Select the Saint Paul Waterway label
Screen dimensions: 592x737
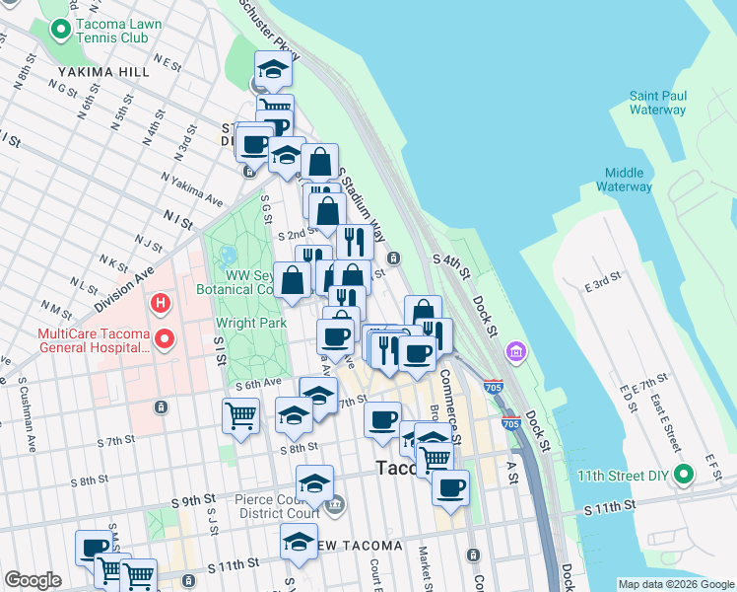click(657, 103)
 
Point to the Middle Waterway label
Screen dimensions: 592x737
click(624, 178)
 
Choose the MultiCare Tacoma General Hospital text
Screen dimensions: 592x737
click(94, 341)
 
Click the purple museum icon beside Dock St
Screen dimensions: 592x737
click(514, 350)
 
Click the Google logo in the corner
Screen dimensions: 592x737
click(33, 580)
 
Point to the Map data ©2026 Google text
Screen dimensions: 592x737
click(675, 584)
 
